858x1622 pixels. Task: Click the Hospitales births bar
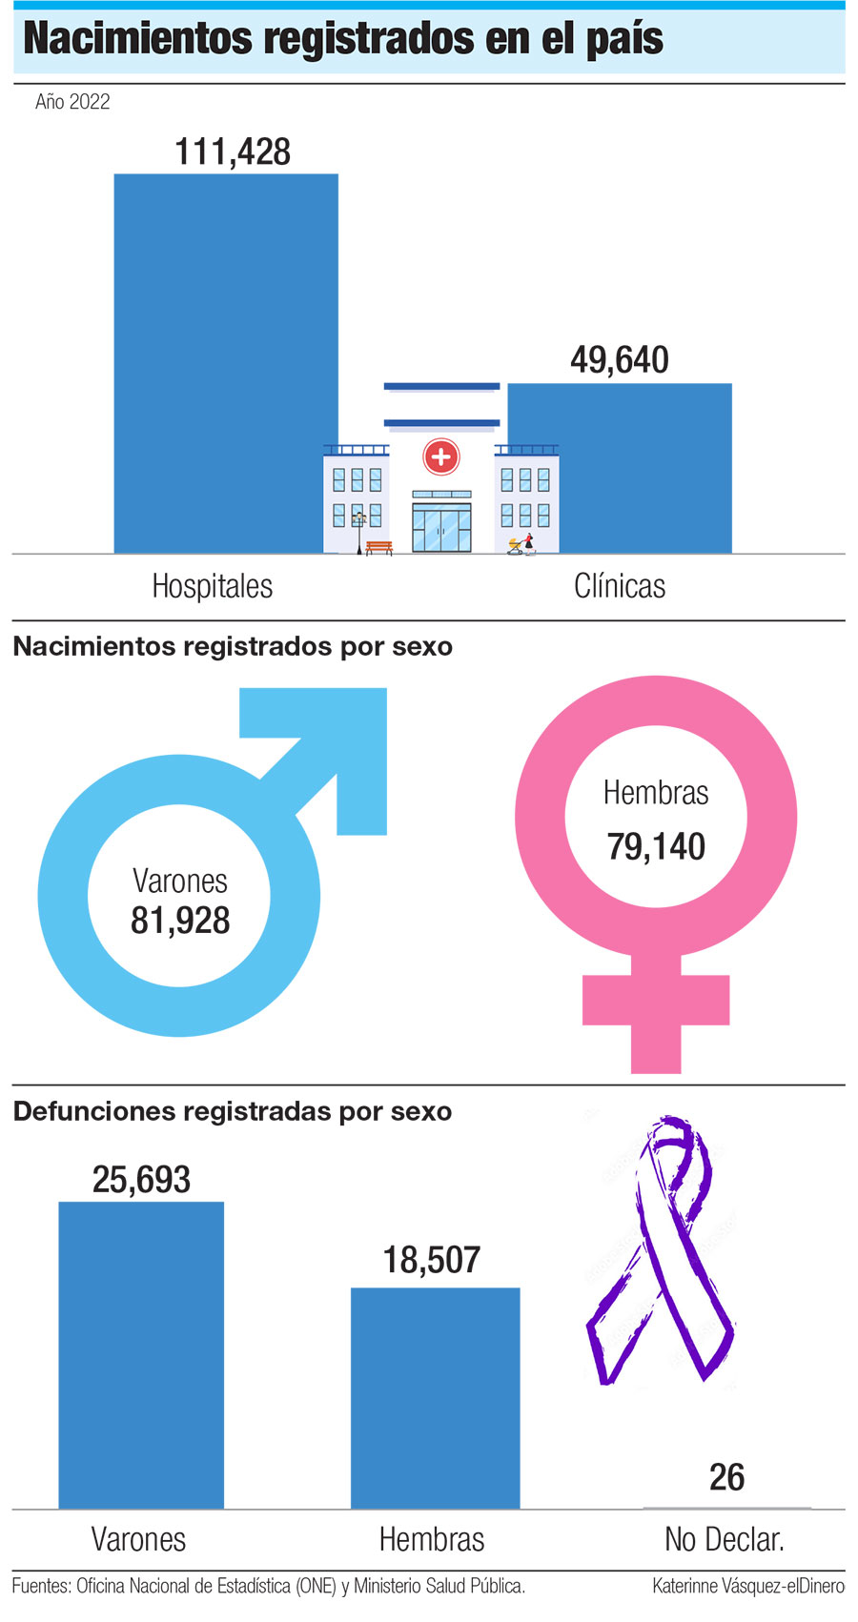(226, 362)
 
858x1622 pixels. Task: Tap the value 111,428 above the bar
(233, 152)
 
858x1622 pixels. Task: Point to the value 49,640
(620, 360)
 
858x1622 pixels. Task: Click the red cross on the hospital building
(440, 456)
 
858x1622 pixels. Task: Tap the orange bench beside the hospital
(378, 547)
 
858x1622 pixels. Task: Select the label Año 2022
(72, 102)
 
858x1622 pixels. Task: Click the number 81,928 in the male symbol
(180, 921)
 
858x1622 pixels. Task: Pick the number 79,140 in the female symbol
(656, 846)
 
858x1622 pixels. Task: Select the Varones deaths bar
(141, 1353)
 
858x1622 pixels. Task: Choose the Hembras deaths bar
(435, 1397)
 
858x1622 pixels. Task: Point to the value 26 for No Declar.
(726, 1477)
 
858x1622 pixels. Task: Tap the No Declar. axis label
(725, 1539)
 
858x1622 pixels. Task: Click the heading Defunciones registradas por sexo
(233, 1111)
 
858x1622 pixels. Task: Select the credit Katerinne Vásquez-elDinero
(747, 1586)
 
